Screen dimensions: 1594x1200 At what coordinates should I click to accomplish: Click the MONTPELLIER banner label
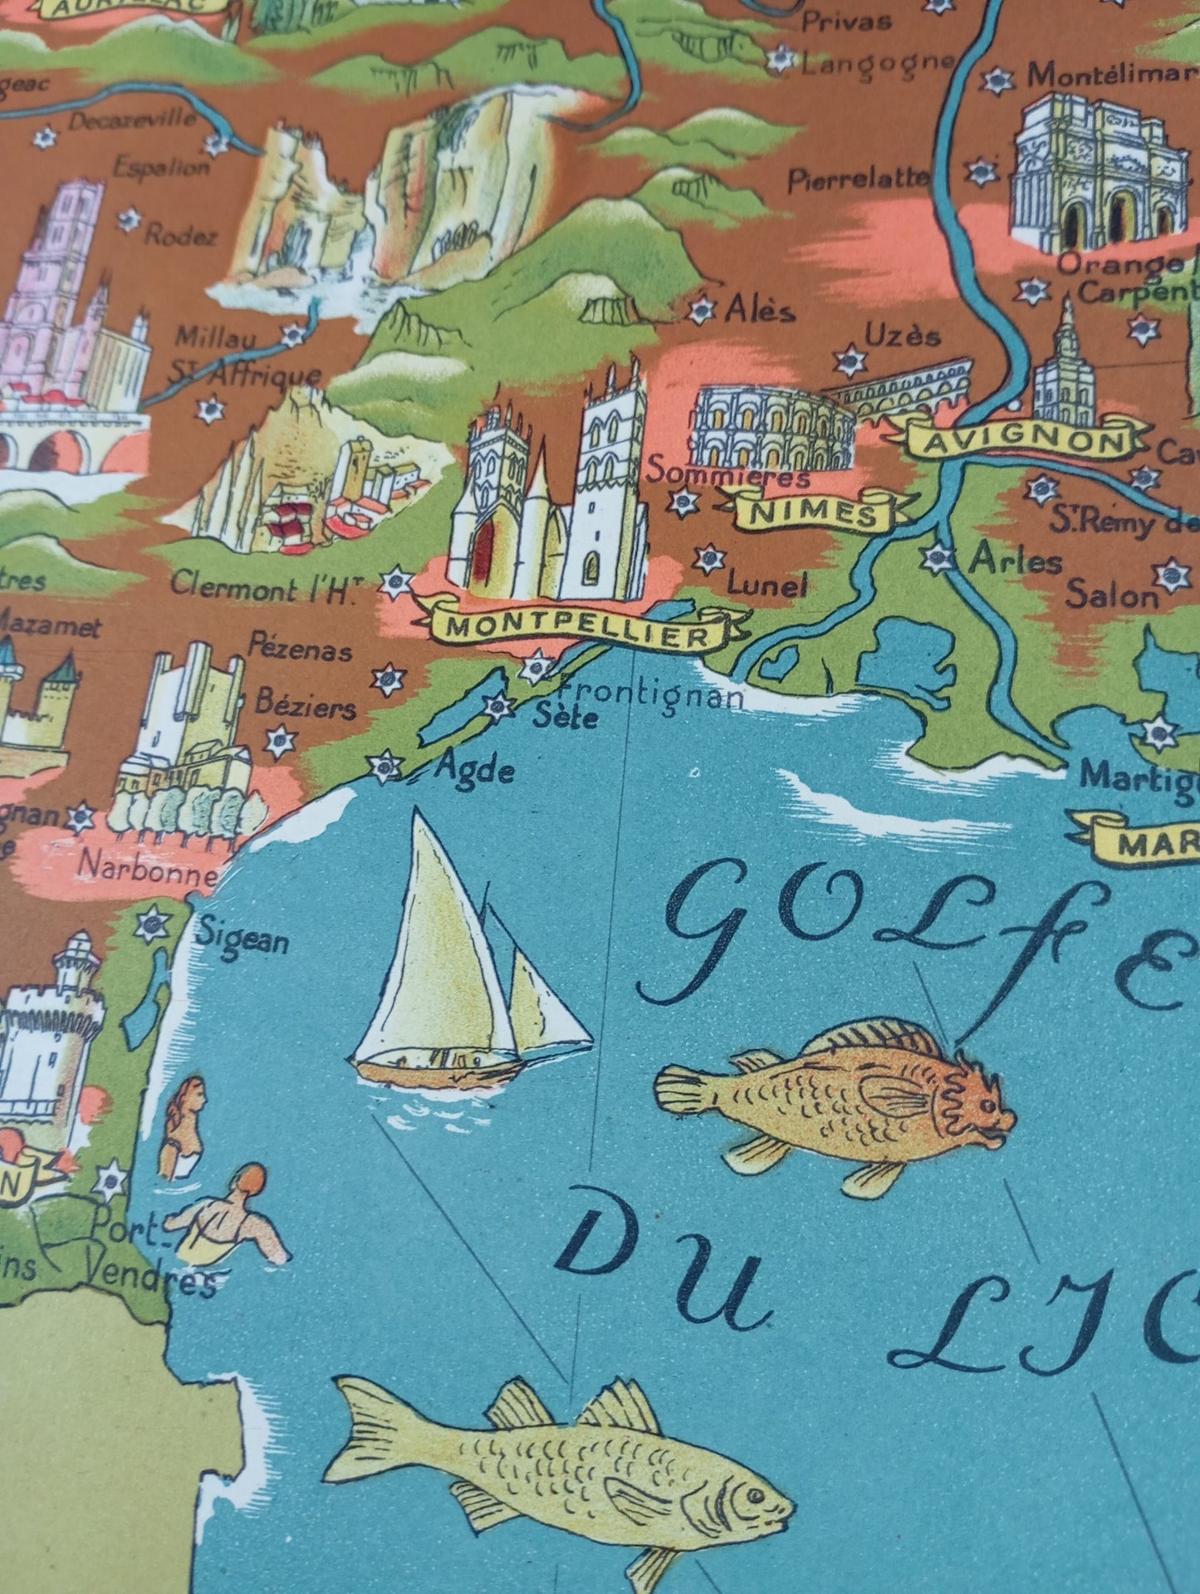(x=579, y=630)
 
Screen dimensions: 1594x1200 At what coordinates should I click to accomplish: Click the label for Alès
(x=759, y=311)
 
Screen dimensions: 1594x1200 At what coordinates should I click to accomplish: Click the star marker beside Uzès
(x=850, y=360)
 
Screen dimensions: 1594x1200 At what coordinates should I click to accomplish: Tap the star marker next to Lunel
(x=708, y=557)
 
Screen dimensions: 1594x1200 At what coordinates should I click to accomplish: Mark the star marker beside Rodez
(x=129, y=219)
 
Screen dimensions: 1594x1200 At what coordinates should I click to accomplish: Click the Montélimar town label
(x=1109, y=76)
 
